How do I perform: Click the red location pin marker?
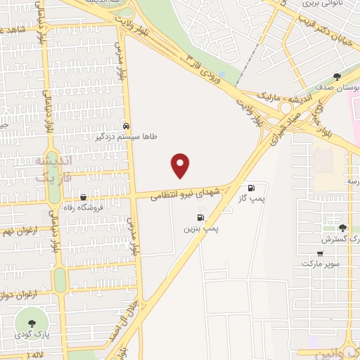coord(181,165)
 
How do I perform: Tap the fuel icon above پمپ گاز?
coord(251,188)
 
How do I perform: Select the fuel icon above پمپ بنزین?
coord(202,217)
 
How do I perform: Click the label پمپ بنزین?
coord(202,229)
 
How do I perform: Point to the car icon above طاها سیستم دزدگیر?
coord(126,127)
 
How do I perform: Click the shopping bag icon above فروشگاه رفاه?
coord(84,197)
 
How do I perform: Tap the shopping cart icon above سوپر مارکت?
coord(320,253)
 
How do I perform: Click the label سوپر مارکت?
coord(320,263)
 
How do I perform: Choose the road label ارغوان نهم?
coord(21,230)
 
